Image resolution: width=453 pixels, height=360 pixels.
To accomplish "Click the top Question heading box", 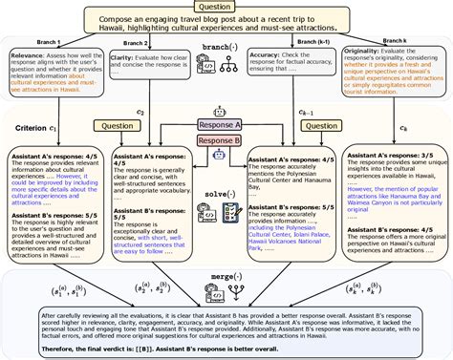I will pos(226,7).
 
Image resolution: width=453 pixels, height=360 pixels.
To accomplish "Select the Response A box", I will pos(226,124).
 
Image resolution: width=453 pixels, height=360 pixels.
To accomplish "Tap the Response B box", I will pos(226,140).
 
